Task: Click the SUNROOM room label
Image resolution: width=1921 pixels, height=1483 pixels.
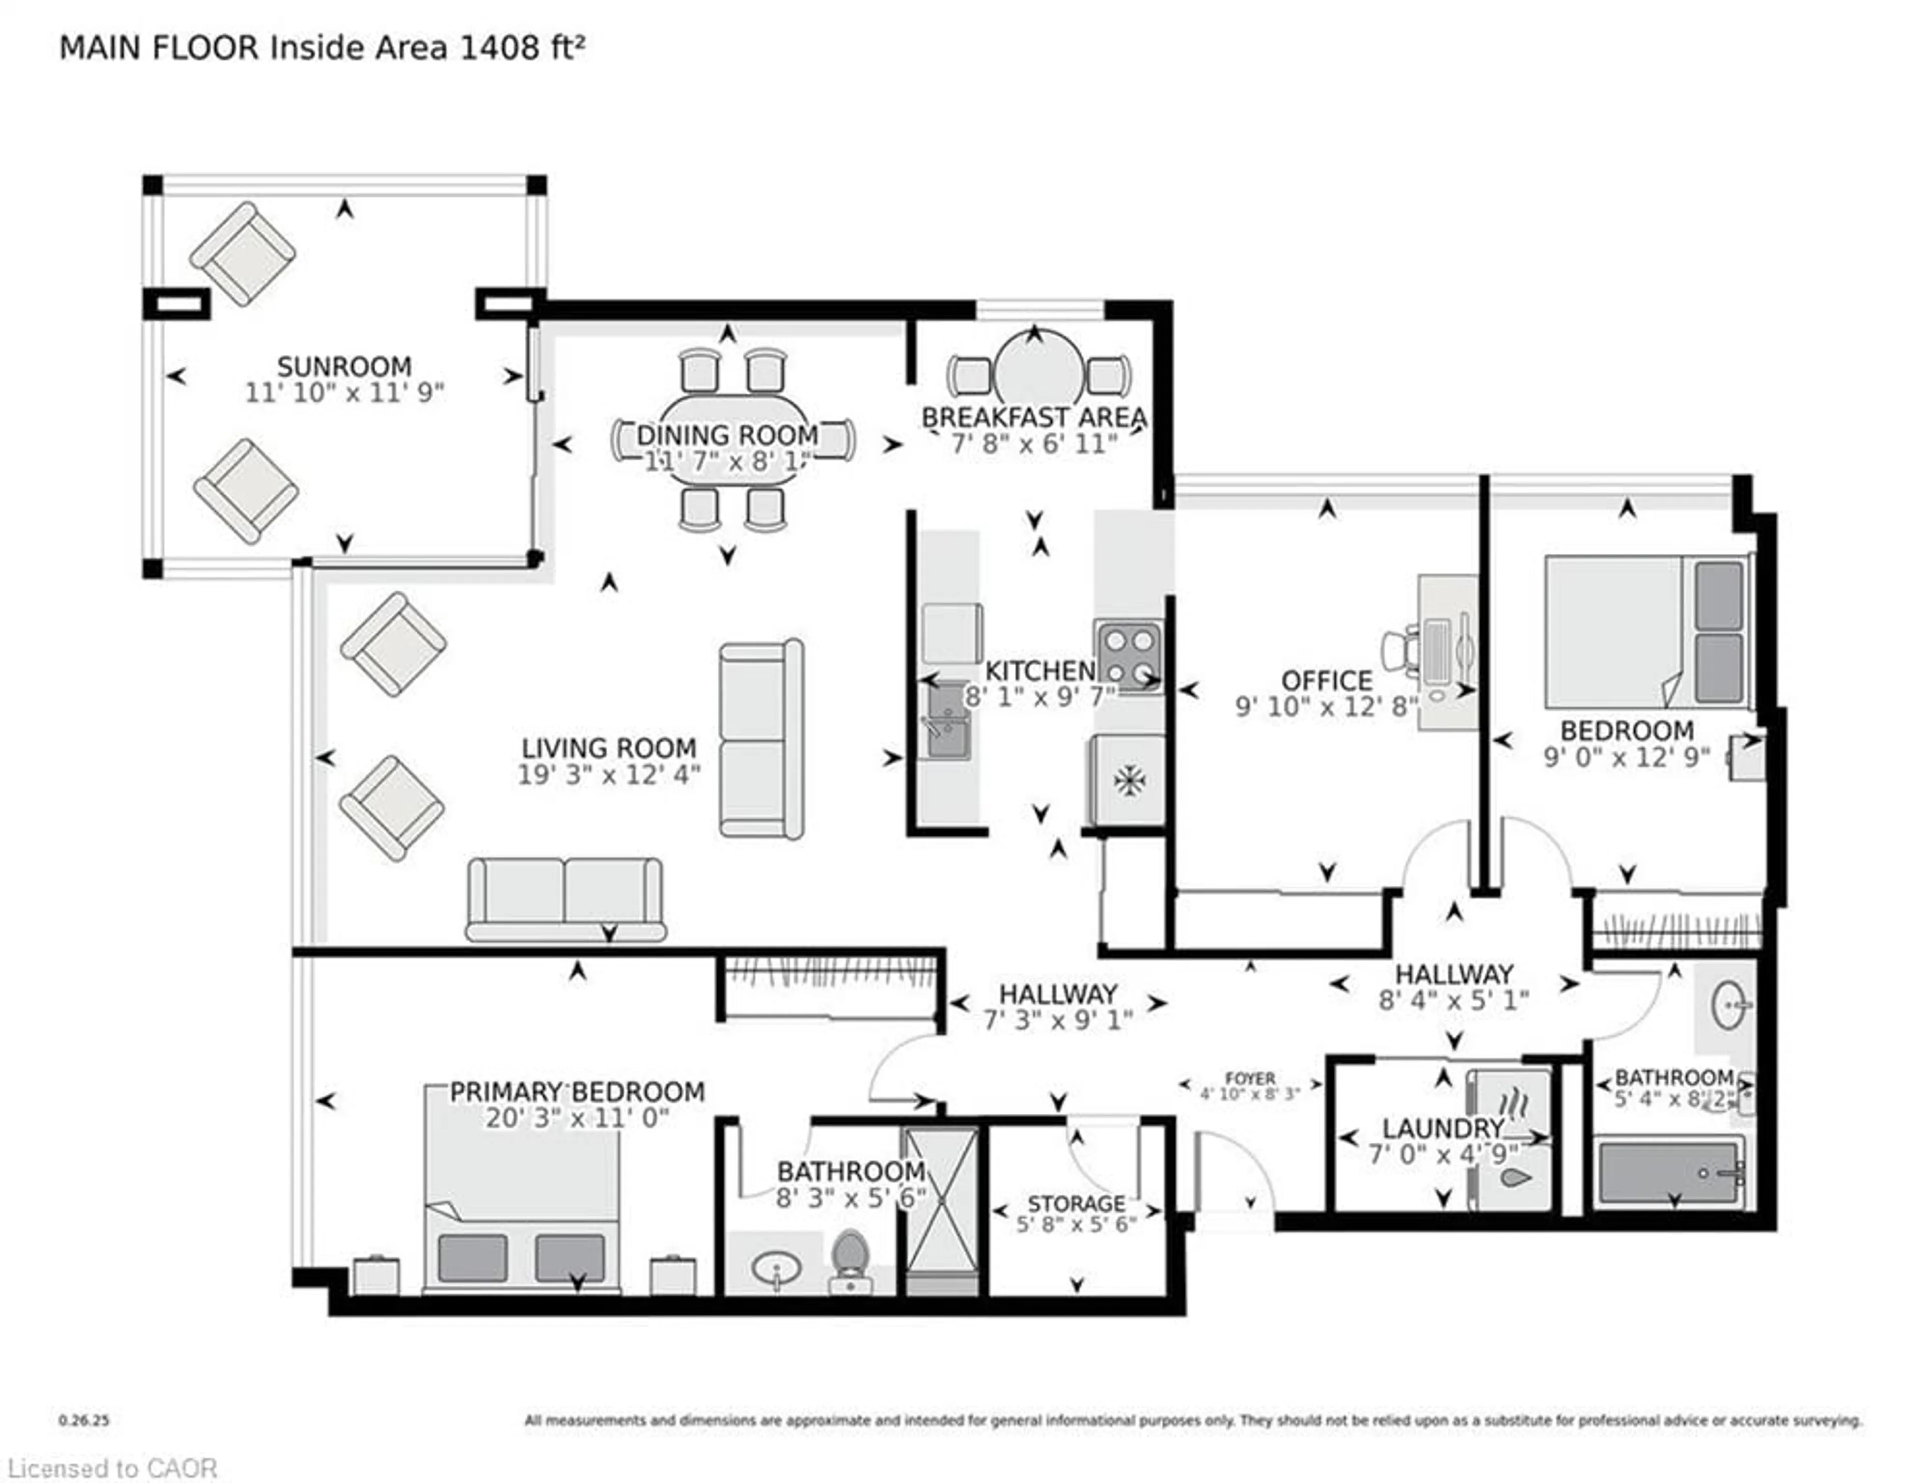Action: (344, 366)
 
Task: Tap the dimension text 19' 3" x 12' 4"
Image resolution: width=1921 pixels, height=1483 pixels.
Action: (609, 775)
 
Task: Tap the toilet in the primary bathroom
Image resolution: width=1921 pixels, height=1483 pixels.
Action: (849, 1259)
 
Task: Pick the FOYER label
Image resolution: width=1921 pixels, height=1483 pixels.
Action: (1250, 1078)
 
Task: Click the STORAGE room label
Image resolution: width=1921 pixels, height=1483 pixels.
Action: (1077, 1203)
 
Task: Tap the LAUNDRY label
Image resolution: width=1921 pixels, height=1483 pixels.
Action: (1443, 1129)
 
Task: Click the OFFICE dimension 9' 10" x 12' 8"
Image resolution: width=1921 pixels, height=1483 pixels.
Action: (1326, 706)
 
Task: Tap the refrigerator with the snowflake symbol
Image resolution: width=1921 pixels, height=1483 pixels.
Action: (1129, 780)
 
